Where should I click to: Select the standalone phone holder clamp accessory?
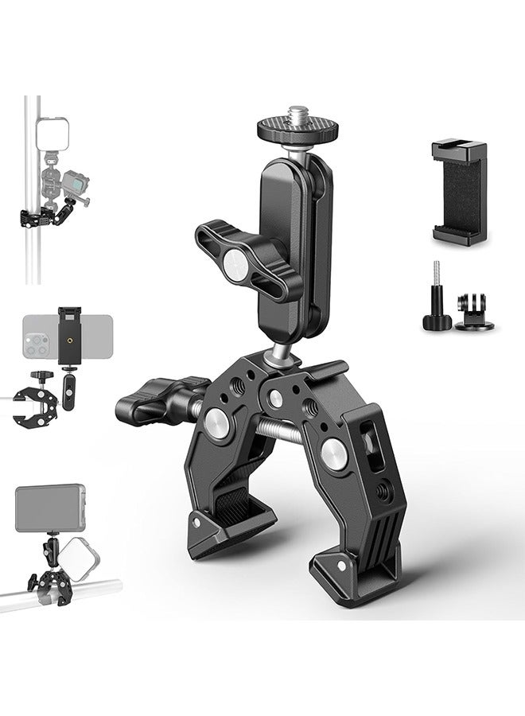459,192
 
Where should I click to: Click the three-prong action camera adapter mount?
474,313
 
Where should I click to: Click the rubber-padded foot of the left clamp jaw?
227,528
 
